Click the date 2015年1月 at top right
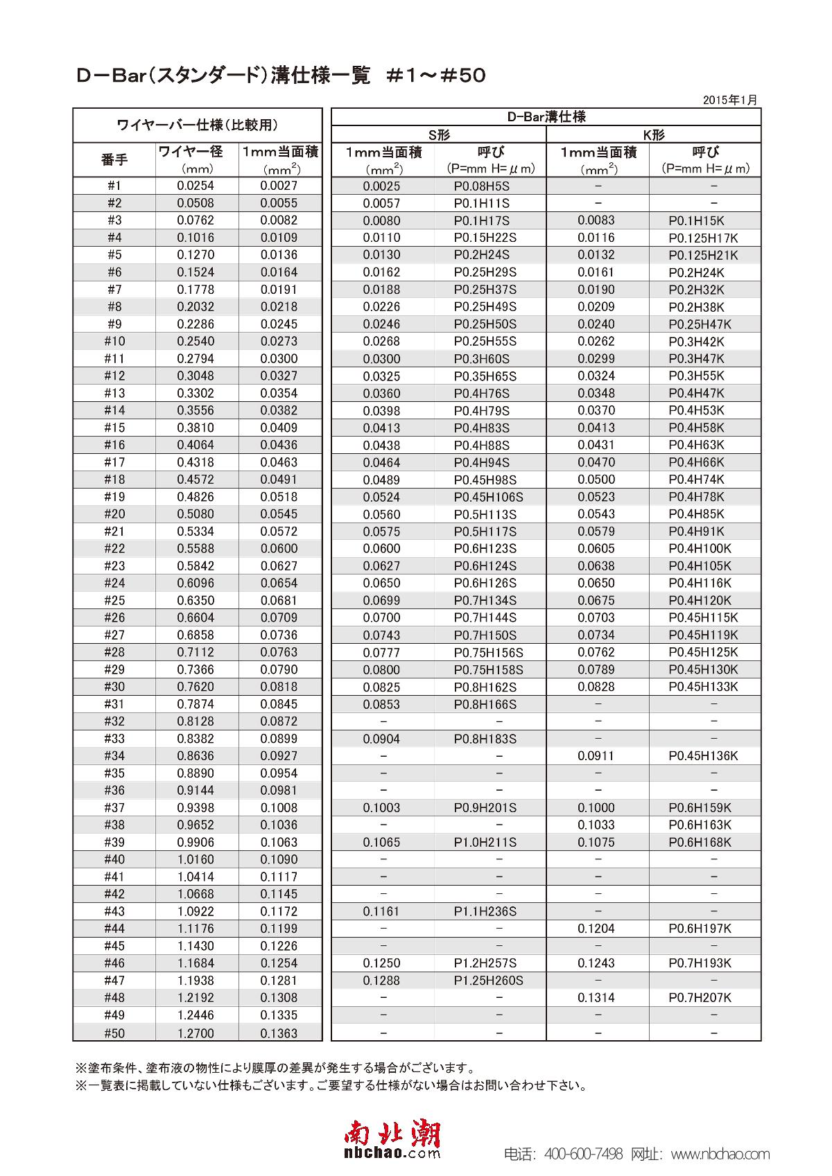click(x=729, y=100)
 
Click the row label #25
click(x=114, y=600)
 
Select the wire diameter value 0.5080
click(x=196, y=514)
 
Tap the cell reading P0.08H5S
click(x=481, y=186)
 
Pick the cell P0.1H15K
click(x=696, y=220)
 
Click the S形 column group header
click(x=439, y=135)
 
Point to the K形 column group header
click(x=653, y=135)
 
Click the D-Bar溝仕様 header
click(x=546, y=117)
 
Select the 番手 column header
click(x=114, y=160)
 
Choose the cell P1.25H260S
click(x=488, y=981)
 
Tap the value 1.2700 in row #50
click(x=196, y=1033)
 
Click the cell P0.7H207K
click(x=700, y=998)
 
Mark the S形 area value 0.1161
click(x=381, y=911)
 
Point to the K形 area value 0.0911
click(x=596, y=756)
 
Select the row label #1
click(x=114, y=186)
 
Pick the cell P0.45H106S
click(x=488, y=497)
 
